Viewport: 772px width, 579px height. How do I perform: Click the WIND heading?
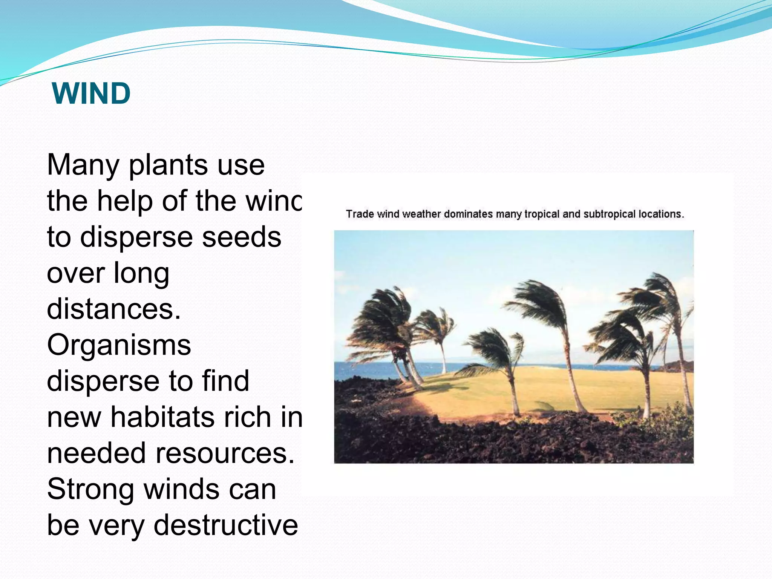[x=91, y=93]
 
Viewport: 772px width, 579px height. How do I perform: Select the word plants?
[x=168, y=166]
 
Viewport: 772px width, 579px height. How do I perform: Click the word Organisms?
[x=119, y=345]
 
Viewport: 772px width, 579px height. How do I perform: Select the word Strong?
[x=90, y=489]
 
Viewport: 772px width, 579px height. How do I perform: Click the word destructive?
[x=226, y=525]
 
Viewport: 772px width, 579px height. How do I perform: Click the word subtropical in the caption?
[x=610, y=214]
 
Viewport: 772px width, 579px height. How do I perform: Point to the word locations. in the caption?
[x=661, y=214]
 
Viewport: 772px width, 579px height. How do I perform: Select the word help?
[x=125, y=201]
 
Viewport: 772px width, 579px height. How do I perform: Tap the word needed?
[x=96, y=453]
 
